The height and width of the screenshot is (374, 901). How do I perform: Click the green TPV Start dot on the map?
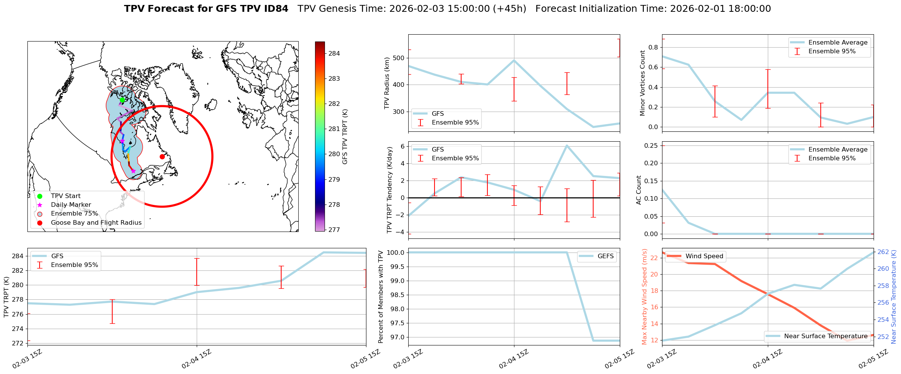(122, 100)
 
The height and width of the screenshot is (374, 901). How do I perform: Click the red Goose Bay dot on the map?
(162, 157)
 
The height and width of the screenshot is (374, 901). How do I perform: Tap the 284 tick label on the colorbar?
(334, 53)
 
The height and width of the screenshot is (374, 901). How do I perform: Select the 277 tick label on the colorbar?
(334, 230)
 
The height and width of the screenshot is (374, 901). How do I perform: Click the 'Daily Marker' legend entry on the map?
(71, 205)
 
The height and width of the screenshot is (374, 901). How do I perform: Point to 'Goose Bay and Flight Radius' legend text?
(96, 223)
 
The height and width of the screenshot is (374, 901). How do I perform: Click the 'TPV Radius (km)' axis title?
(387, 83)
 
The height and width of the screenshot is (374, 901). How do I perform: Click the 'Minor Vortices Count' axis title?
(642, 83)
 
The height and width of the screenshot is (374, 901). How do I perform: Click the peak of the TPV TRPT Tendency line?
(567, 145)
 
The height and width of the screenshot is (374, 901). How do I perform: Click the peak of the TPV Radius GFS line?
(514, 60)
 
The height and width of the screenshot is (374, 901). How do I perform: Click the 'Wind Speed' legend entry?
(704, 256)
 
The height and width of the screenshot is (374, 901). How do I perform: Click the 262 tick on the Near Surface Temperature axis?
(883, 252)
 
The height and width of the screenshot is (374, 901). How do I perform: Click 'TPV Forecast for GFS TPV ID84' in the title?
(206, 9)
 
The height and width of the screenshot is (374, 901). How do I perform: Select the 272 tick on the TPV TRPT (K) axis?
(18, 343)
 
